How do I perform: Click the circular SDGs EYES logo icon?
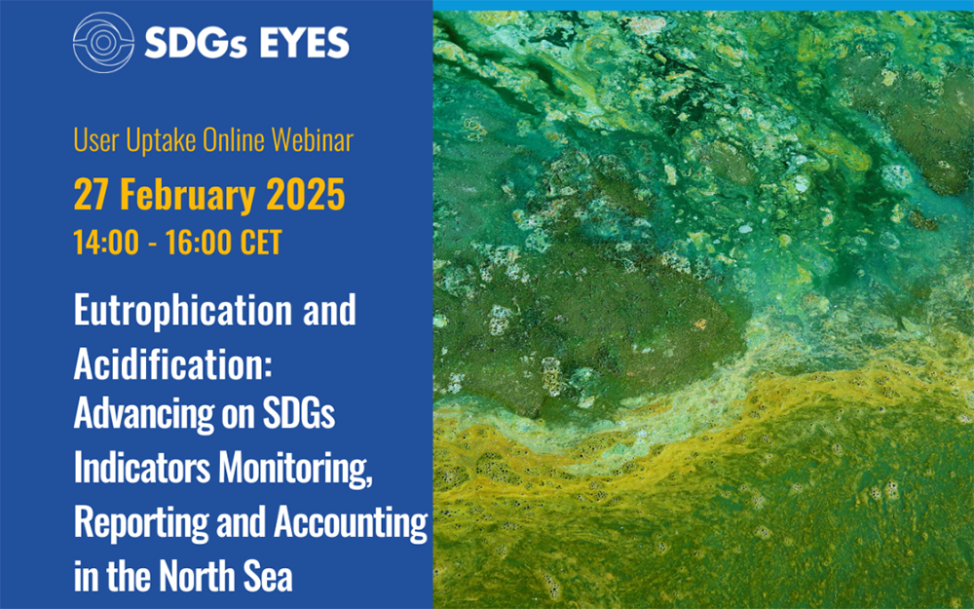[103, 42]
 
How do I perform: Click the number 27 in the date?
[91, 195]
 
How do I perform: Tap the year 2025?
[306, 195]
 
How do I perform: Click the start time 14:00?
[106, 242]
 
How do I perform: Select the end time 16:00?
[199, 242]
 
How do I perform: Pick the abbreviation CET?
[261, 242]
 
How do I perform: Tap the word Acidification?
[173, 362]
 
